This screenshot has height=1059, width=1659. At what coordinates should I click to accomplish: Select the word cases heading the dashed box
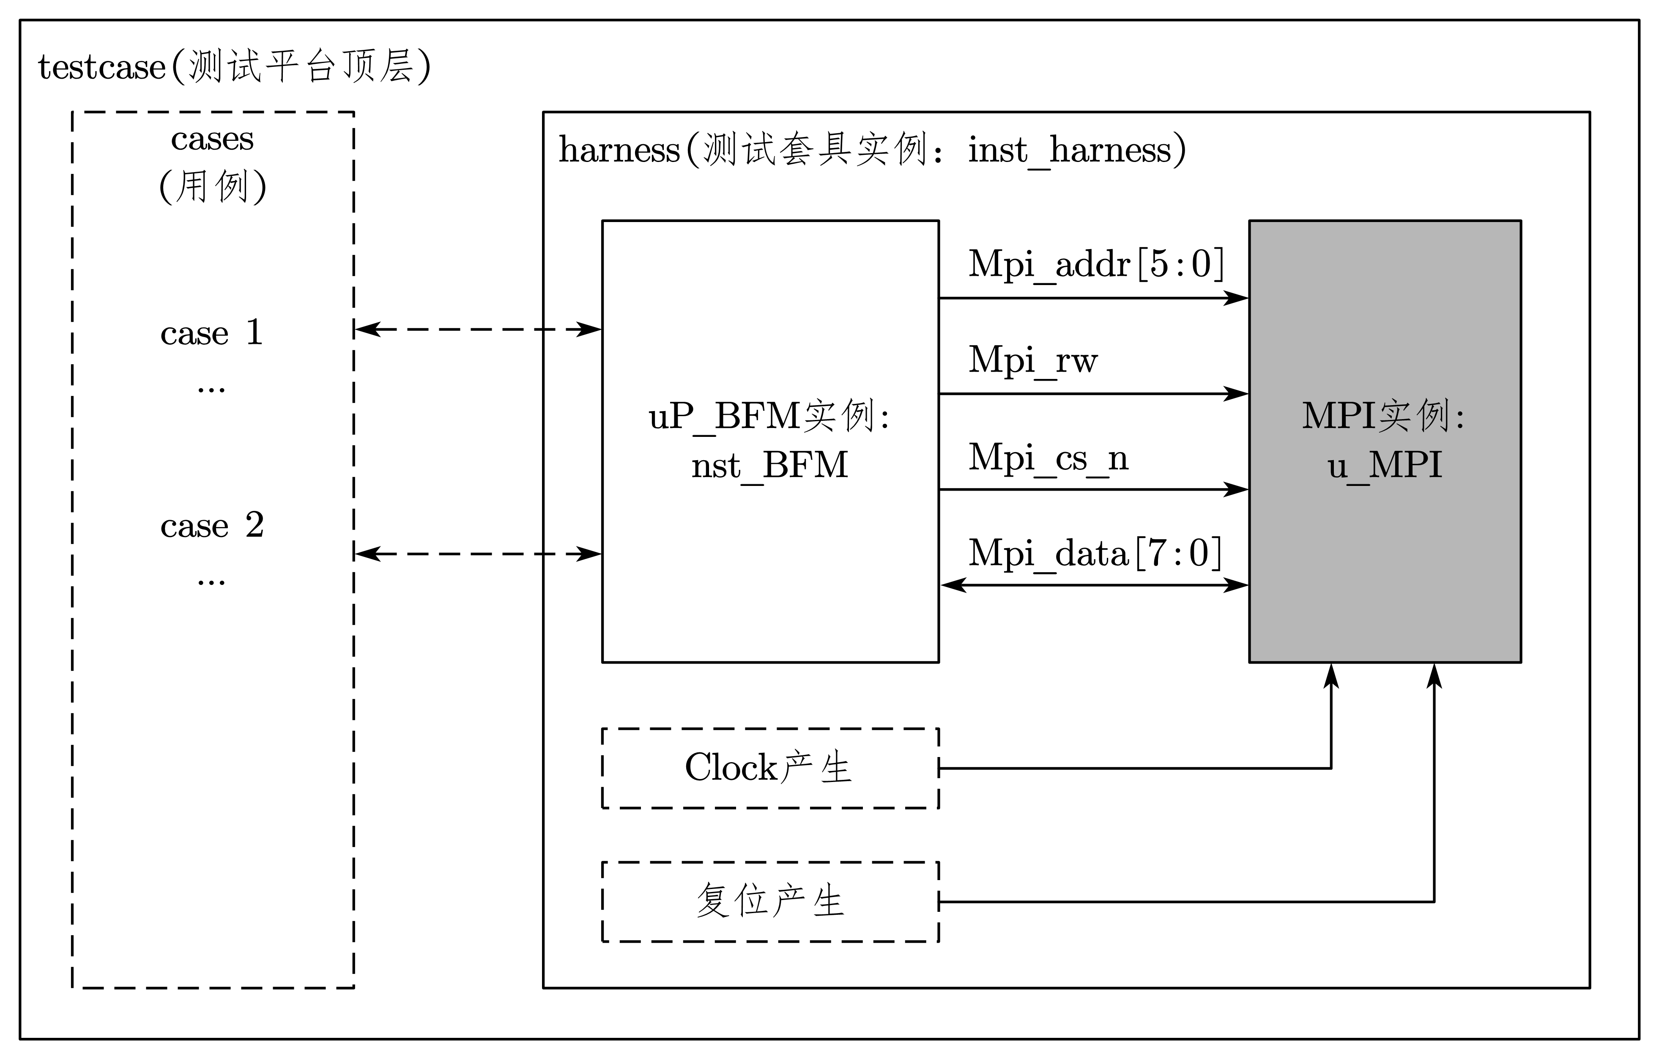pos(212,139)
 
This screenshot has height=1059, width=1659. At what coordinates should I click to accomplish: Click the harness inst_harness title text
pos(871,150)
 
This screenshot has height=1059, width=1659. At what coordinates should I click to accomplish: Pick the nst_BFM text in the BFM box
pos(769,465)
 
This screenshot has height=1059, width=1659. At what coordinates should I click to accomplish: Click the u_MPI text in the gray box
pos(1385,465)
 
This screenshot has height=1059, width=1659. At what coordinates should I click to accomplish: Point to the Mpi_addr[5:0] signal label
pos(1095,264)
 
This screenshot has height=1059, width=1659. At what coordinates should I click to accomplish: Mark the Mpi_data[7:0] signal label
pos(1095,553)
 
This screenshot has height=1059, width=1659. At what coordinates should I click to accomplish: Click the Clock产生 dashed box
pos(769,768)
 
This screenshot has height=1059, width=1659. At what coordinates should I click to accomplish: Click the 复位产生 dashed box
pos(769,901)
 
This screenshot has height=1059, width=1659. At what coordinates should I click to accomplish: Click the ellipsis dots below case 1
pos(211,390)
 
